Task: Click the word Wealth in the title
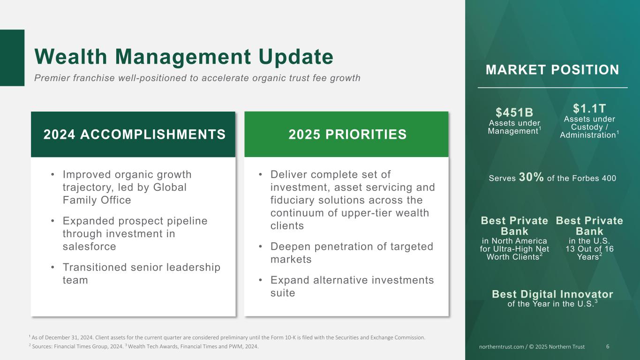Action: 71,57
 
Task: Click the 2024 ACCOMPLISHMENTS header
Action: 134,134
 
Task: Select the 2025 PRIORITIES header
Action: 347,134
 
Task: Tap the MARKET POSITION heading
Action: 552,70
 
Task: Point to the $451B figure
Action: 514,112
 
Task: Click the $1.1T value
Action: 589,109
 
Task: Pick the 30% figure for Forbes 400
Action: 531,177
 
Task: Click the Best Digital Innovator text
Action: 552,294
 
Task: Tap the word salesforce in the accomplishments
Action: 89,246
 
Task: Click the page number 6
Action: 608,346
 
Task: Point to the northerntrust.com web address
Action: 501,346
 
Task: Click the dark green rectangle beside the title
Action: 12,58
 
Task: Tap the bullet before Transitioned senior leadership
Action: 53,268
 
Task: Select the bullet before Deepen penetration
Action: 260,247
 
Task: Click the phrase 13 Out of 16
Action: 589,249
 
